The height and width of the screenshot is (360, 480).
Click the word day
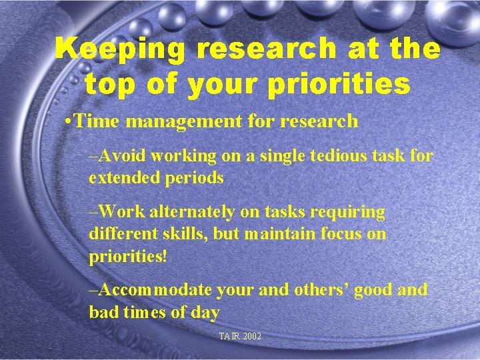[x=206, y=313]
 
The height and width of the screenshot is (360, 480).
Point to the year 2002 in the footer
[x=251, y=337]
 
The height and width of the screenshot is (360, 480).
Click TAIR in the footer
[x=229, y=337]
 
